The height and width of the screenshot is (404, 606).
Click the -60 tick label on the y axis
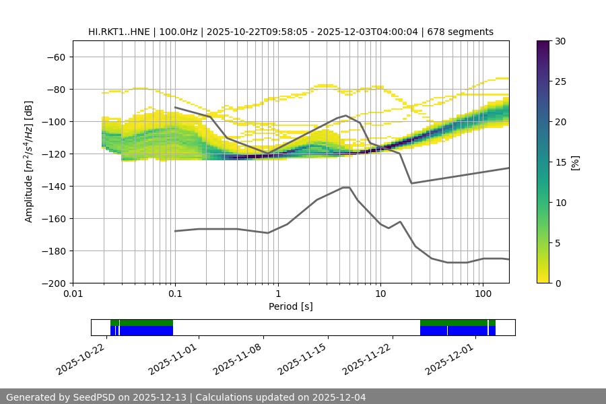click(x=55, y=57)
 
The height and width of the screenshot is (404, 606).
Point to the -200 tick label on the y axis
click(x=53, y=283)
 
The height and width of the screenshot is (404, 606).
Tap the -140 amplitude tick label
click(x=53, y=186)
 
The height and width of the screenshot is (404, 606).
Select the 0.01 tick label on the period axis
click(x=73, y=294)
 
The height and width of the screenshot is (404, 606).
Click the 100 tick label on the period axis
click(x=483, y=294)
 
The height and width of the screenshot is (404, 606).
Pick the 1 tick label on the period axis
click(x=277, y=294)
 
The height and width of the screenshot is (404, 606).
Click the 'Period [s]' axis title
click(x=290, y=306)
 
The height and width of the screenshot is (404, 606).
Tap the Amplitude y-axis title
click(x=29, y=162)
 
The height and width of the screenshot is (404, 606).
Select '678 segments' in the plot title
click(x=465, y=32)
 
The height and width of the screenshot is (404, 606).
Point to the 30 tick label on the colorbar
click(x=560, y=41)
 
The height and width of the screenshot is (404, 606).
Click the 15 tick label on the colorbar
click(x=560, y=162)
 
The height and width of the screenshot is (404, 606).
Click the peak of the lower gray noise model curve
click(x=346, y=187)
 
